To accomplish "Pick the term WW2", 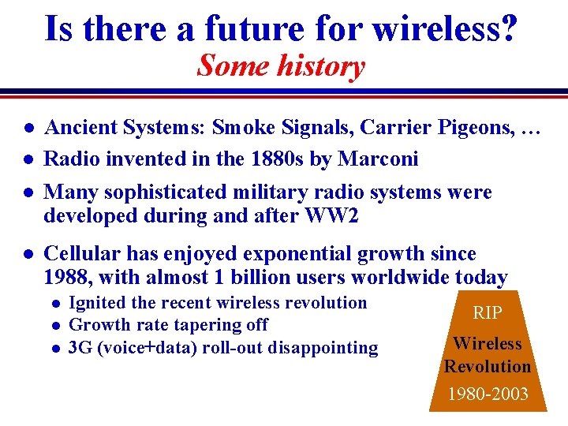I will [x=335, y=215].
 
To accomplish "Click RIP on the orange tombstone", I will [x=487, y=313].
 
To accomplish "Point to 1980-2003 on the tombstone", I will [x=487, y=394].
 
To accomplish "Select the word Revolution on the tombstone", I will [x=487, y=367].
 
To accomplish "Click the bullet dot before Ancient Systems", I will [x=28, y=128].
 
